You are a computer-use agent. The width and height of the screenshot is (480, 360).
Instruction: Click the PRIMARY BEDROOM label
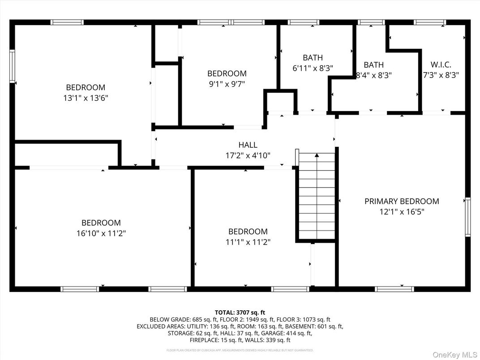401,201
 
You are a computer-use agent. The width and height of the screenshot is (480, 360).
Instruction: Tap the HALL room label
248,145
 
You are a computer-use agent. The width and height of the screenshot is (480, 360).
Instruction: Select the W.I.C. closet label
441,64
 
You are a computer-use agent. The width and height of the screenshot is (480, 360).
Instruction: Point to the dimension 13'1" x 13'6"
86,98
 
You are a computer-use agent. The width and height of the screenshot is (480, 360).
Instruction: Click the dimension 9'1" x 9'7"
226,84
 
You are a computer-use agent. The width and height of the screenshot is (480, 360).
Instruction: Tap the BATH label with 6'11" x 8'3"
313,58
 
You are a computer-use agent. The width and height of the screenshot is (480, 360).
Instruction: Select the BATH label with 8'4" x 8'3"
373,65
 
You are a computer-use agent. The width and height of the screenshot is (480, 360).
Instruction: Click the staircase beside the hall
317,197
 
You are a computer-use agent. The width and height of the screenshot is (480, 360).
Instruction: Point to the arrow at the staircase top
317,155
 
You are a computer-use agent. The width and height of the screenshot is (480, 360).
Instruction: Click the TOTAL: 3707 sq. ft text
240,312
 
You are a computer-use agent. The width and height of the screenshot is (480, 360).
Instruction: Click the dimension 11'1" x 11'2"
248,242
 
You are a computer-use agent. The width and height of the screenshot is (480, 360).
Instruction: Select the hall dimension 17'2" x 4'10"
248,155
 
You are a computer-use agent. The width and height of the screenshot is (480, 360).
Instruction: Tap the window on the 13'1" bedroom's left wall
12,66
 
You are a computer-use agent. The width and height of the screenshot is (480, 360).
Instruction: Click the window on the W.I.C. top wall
429,22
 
